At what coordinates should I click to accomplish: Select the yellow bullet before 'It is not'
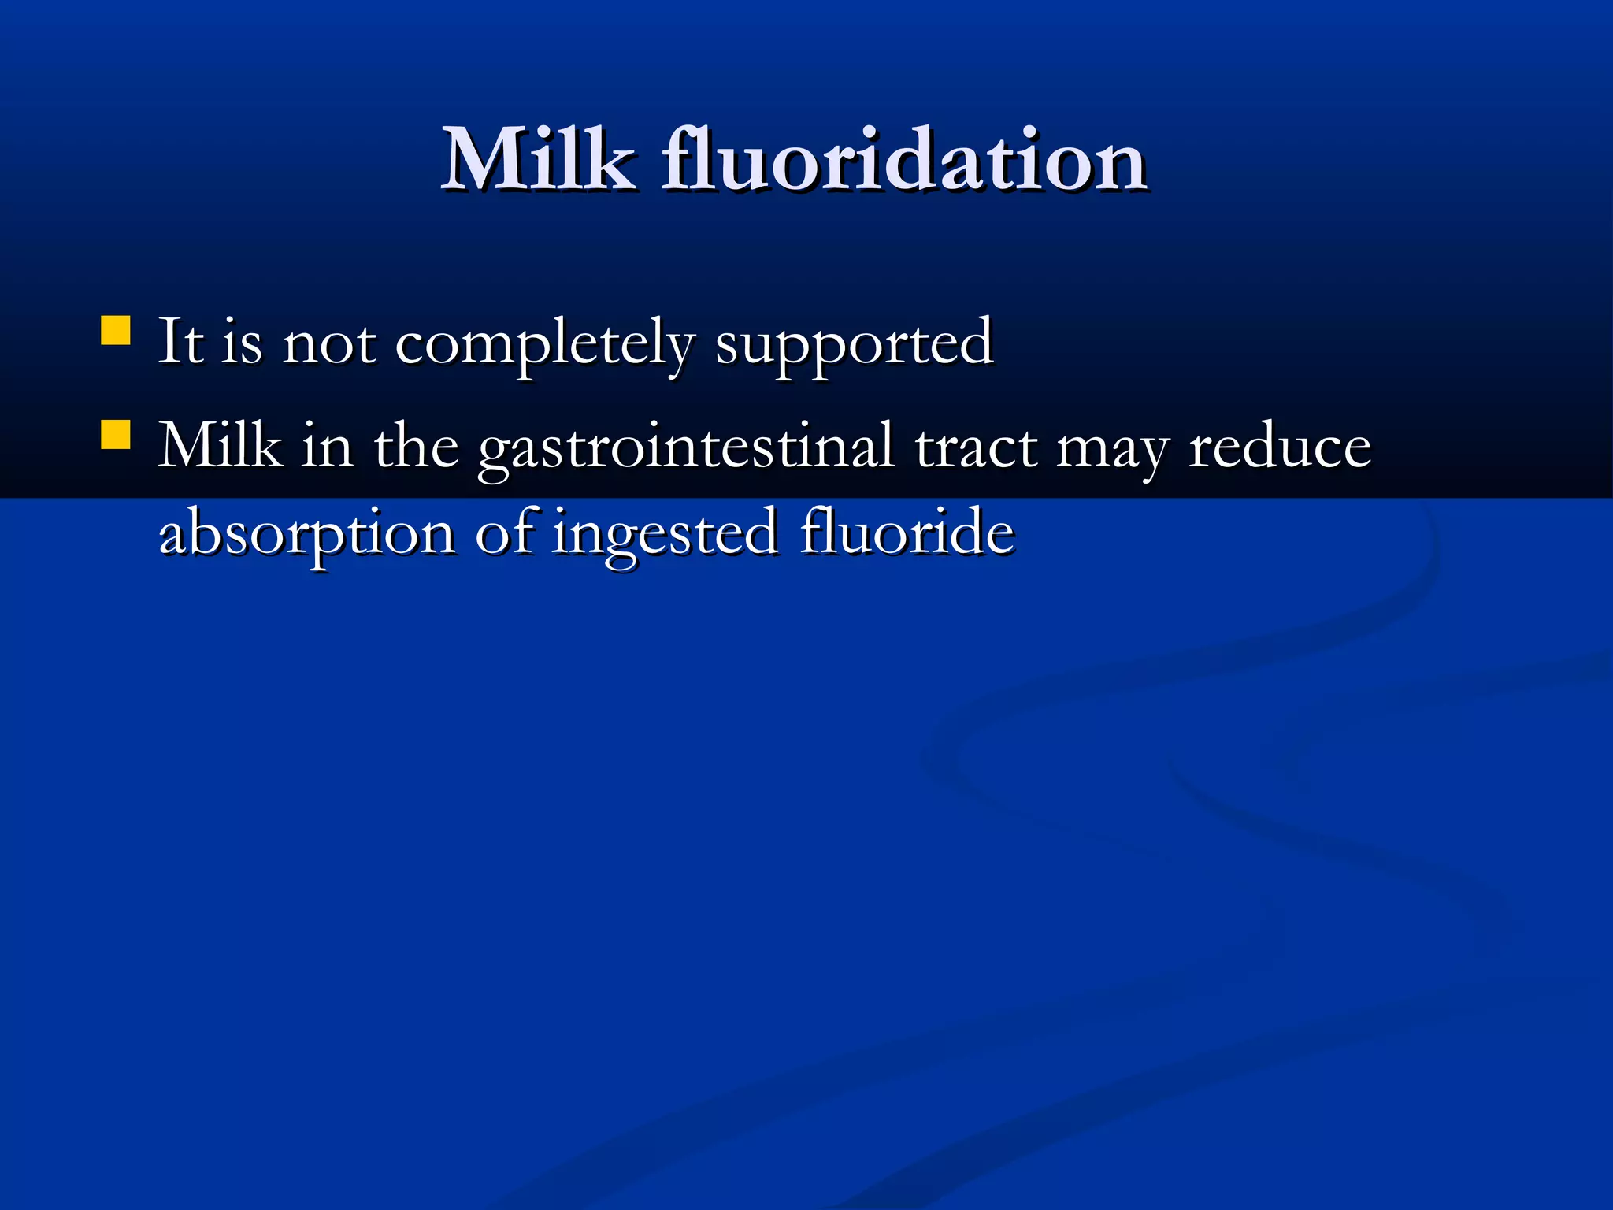[x=116, y=331]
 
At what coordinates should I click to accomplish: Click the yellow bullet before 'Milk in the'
[x=116, y=435]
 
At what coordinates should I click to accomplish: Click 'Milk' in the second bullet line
[x=221, y=447]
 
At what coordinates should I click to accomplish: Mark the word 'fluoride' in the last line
[x=907, y=532]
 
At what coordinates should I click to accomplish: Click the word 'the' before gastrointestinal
[x=416, y=447]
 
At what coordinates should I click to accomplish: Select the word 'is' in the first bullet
[x=241, y=343]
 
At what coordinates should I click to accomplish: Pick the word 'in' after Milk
[x=327, y=447]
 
